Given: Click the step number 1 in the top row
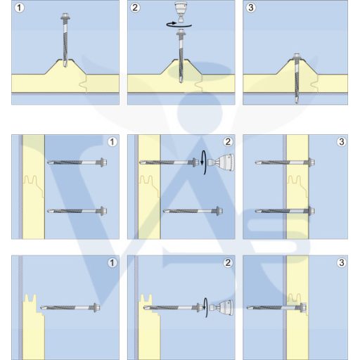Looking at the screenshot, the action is click(19, 8).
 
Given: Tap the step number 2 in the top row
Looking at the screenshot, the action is click(135, 8).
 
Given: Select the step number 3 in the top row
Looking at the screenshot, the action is click(251, 8).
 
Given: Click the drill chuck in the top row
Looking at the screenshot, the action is click(181, 12).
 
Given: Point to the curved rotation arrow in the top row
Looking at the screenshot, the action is click(179, 25).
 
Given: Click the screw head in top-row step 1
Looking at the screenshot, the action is click(65, 16).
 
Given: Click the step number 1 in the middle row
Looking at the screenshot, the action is click(112, 142).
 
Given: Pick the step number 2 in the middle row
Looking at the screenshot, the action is click(228, 142).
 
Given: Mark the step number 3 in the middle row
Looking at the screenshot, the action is click(341, 142).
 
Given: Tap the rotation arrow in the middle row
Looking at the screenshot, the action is click(205, 162).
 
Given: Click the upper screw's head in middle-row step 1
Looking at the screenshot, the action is click(103, 162).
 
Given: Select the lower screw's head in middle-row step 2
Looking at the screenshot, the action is click(219, 211).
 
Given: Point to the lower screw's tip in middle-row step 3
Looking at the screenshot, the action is click(258, 211).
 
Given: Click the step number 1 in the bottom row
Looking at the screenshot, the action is click(112, 263).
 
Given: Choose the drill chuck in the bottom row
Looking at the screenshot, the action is click(221, 307).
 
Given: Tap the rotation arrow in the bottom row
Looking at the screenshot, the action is click(206, 307).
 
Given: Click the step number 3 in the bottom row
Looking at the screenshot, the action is click(341, 263).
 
